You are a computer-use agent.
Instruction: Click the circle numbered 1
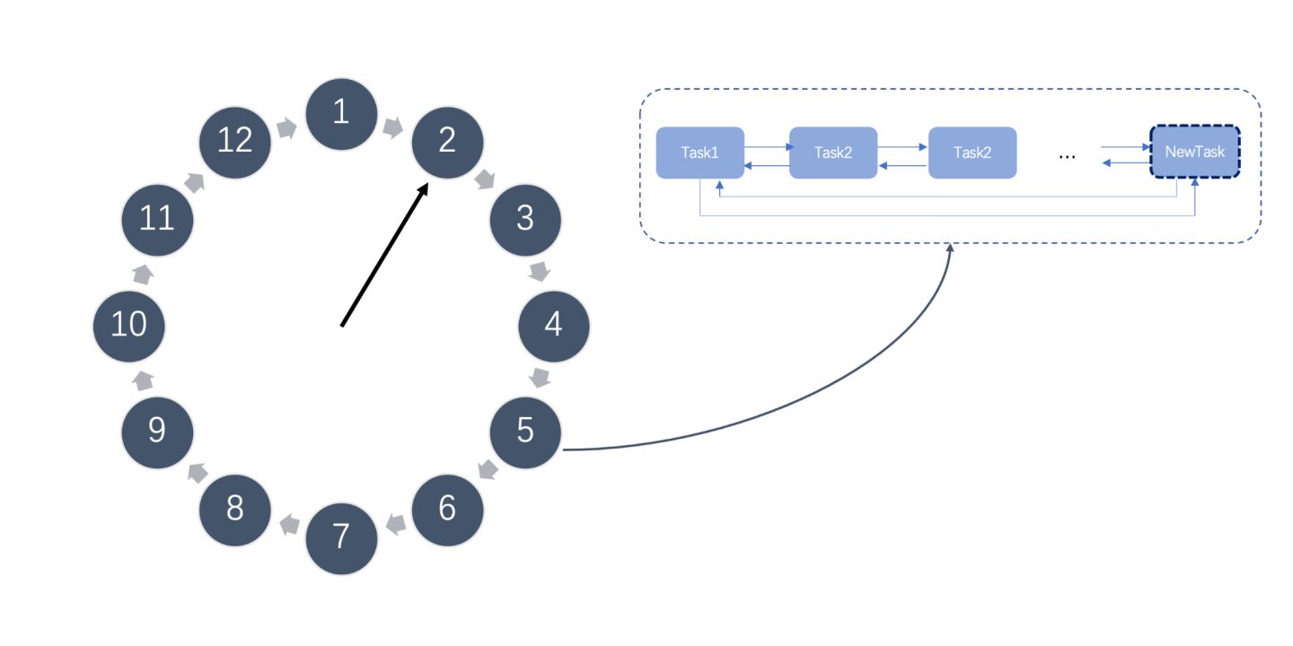[341, 113]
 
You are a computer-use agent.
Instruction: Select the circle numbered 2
[447, 141]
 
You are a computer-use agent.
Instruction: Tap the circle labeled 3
[525, 218]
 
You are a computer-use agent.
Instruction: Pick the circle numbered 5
[525, 432]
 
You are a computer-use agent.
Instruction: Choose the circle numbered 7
[341, 537]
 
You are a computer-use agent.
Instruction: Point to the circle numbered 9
[157, 432]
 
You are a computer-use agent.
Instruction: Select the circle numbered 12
[234, 141]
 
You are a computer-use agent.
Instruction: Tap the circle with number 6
[447, 510]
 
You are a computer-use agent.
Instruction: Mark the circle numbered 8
[234, 510]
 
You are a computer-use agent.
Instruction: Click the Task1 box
[699, 153]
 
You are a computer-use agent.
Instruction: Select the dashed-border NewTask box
[1194, 153]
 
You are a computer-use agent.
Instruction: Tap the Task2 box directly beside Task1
[833, 153]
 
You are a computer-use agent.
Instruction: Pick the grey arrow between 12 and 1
[287, 128]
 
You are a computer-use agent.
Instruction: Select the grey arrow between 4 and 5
[541, 377]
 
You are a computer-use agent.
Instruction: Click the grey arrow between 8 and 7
[289, 524]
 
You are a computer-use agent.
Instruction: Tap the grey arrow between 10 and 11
[142, 272]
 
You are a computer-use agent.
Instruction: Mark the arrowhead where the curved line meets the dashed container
[950, 248]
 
